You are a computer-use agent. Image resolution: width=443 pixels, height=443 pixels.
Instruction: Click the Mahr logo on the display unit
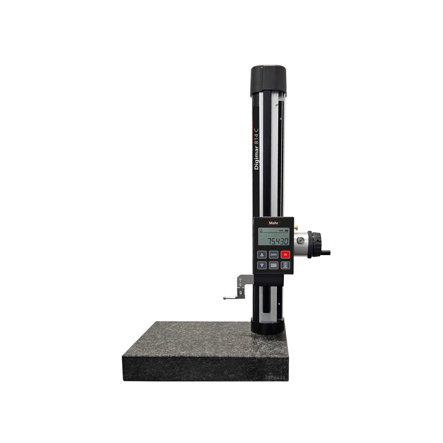point(273,223)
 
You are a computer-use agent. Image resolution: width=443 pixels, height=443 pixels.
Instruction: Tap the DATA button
point(274,255)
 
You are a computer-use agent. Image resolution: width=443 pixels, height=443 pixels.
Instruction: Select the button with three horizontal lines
point(274,265)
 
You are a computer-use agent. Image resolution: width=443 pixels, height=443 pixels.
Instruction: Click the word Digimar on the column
point(256,155)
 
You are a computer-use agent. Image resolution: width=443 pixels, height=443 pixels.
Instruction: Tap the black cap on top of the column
point(268,80)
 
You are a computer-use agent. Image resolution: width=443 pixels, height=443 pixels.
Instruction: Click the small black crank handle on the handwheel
point(326,253)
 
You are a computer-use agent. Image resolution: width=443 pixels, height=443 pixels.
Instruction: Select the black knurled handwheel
point(316,244)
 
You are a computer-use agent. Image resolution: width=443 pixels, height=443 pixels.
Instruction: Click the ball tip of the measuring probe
point(225,298)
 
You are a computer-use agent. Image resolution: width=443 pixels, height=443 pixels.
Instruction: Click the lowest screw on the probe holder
point(241,293)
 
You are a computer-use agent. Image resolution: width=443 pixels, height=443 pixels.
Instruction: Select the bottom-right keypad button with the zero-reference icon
point(286,265)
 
